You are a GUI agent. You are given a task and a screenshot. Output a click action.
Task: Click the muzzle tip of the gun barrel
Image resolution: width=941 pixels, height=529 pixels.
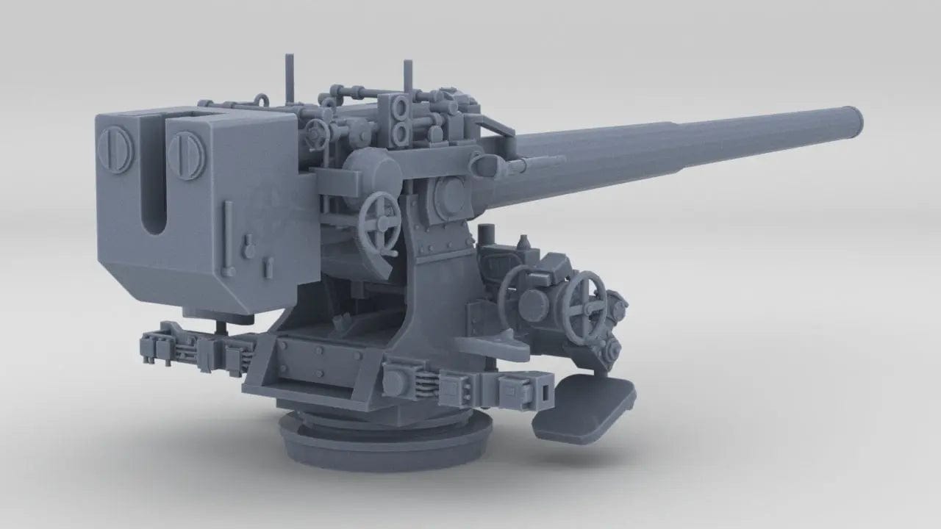pyautogui.click(x=854, y=120)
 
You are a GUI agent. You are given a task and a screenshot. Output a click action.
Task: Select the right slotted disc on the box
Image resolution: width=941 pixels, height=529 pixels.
pyautogui.click(x=186, y=155)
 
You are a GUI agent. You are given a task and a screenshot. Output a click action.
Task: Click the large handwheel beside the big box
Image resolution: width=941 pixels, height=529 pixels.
pyautogui.click(x=380, y=223)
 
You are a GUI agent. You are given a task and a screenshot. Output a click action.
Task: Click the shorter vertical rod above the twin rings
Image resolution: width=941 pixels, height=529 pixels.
pyautogui.click(x=404, y=78)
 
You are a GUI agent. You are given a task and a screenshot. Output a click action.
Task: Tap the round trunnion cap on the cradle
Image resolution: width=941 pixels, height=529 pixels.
pyautogui.click(x=447, y=194)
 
